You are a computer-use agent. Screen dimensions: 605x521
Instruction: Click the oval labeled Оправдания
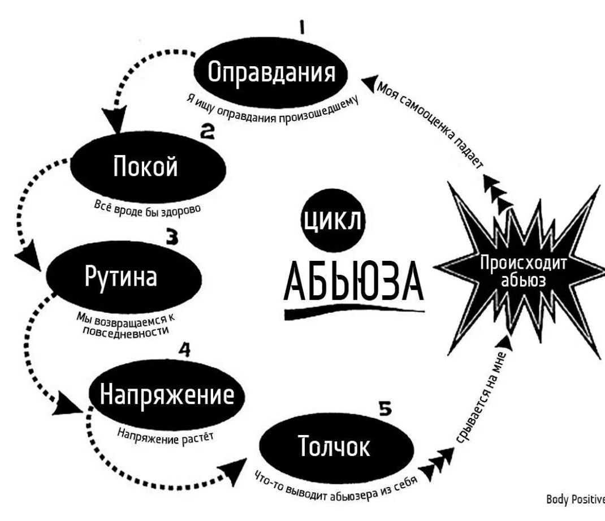click(270, 74)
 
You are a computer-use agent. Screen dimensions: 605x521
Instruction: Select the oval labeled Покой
click(148, 167)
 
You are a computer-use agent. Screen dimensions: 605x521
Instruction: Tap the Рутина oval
click(124, 277)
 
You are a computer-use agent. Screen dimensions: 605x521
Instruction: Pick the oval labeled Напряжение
click(167, 395)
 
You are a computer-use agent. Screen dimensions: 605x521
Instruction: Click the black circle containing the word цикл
click(332, 221)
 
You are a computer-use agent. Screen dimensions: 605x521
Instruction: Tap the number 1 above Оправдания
click(302, 28)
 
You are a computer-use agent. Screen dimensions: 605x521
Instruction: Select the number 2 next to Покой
click(207, 132)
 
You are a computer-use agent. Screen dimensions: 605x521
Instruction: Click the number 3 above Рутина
click(172, 237)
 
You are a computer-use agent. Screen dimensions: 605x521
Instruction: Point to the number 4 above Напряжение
click(184, 350)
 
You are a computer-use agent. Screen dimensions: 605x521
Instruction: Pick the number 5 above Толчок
click(385, 409)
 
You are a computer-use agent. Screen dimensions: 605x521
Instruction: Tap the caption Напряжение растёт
click(165, 437)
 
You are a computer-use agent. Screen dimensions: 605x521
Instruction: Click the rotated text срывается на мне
click(482, 398)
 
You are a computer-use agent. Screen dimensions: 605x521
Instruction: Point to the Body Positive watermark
click(576, 500)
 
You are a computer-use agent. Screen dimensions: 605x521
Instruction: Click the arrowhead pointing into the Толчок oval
click(234, 470)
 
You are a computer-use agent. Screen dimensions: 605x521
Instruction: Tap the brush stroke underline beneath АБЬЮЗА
click(354, 311)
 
